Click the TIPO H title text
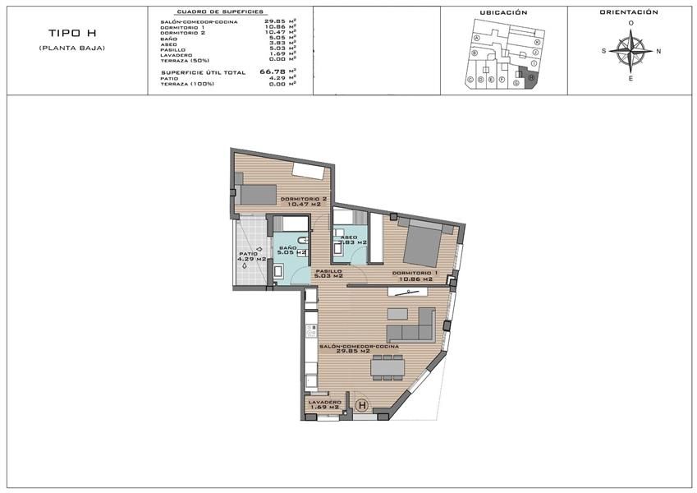pyautogui.click(x=71, y=34)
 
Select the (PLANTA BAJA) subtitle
pyautogui.click(x=71, y=48)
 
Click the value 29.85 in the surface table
pyautogui.click(x=275, y=21)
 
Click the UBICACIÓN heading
pyautogui.click(x=503, y=13)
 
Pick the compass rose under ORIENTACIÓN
pyautogui.click(x=631, y=51)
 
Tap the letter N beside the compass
pyautogui.click(x=658, y=51)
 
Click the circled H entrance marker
pyautogui.click(x=362, y=405)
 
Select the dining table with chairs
pyautogui.click(x=388, y=366)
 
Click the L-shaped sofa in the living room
pyautogui.click(x=413, y=326)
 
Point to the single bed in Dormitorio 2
pyautogui.click(x=257, y=194)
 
